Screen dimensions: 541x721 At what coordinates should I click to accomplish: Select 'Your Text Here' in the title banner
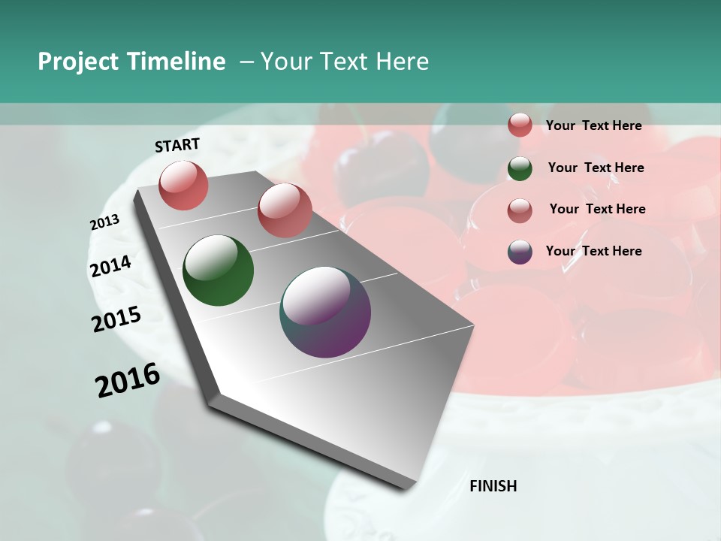pos(344,62)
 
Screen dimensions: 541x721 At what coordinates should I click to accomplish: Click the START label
pos(177,145)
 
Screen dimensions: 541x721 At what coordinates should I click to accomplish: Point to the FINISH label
pos(493,486)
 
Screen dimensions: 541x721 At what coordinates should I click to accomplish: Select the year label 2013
pos(104,222)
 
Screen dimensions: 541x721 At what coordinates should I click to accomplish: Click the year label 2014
pos(110,267)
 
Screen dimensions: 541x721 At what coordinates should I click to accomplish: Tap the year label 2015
pos(116,319)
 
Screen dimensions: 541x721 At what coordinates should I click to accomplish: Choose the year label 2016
pos(128,380)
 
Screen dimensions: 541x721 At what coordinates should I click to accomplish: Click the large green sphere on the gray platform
pos(218,270)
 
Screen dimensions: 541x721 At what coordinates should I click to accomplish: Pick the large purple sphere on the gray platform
pos(325,312)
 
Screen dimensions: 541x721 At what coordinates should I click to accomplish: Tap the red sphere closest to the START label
pos(183,185)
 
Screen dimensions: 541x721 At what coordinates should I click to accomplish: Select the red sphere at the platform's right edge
pos(285,210)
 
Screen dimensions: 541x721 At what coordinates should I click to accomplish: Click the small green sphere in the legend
pos(520,168)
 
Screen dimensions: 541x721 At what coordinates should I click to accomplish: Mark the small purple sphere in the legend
pos(520,252)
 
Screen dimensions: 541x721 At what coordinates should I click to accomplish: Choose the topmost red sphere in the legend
pos(520,125)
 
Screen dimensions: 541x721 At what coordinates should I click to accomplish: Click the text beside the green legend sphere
pos(596,168)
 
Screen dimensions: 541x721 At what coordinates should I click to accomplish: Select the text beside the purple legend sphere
pos(593,251)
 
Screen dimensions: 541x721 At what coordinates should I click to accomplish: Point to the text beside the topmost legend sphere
pos(593,125)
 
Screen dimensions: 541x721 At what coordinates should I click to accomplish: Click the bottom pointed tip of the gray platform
pos(406,487)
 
